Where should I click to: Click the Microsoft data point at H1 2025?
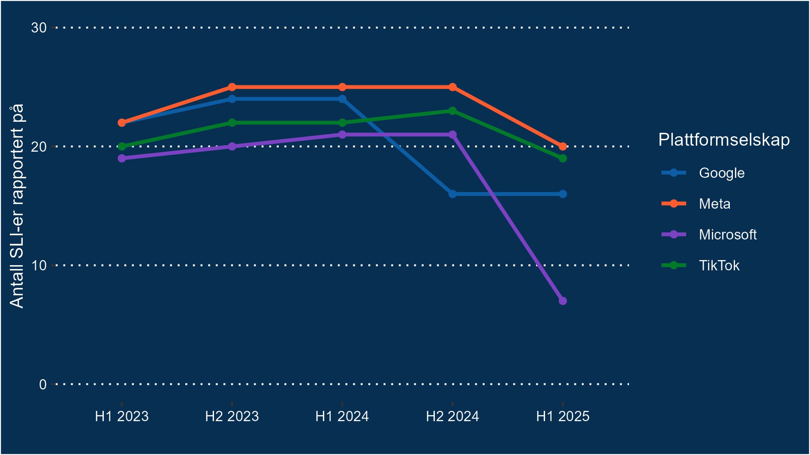pos(563,301)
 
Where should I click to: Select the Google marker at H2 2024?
pos(452,194)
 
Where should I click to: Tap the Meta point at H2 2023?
pos(232,87)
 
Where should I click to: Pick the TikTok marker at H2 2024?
pos(452,111)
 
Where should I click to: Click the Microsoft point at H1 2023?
pos(122,158)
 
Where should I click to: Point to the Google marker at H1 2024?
pos(342,99)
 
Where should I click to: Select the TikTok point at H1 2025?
pos(563,159)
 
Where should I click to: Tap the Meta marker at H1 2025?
pos(563,147)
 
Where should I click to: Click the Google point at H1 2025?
pos(563,194)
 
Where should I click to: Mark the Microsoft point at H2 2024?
pos(452,135)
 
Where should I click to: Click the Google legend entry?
pos(721,173)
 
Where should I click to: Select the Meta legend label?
pos(714,204)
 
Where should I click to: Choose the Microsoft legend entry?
pos(727,235)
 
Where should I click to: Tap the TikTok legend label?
pos(719,266)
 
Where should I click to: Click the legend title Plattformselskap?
pos(723,140)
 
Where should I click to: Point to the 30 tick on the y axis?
pos(39,28)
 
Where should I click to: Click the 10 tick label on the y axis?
pos(39,266)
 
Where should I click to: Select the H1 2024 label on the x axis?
pos(342,416)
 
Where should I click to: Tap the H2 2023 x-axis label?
pos(232,416)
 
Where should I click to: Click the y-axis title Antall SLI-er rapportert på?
pos(17,206)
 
